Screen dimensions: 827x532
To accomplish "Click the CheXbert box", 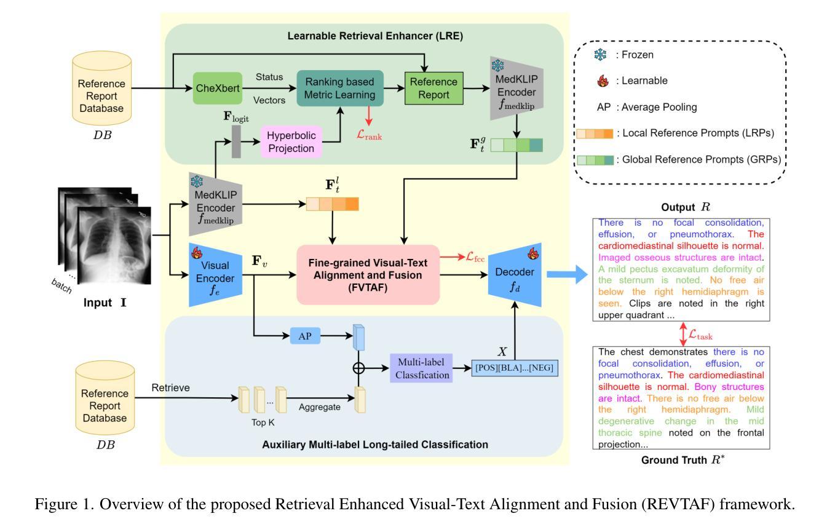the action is tap(218, 88).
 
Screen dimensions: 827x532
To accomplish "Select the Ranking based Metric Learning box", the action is tap(340, 88).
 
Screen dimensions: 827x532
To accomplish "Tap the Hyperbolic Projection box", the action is tap(291, 142).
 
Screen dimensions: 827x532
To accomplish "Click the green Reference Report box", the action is tap(434, 88).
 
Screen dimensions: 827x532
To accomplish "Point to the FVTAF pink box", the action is tap(368, 275).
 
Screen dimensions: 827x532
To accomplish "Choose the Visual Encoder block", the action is tap(216, 275).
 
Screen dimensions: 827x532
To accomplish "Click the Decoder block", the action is tap(515, 275).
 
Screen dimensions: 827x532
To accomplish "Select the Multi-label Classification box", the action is tap(421, 368).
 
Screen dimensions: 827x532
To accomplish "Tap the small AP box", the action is tap(305, 336).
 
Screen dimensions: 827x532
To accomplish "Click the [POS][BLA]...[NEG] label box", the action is tap(515, 368).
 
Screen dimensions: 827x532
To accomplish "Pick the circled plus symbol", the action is tap(358, 368).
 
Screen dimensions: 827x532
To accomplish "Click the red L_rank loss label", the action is tap(369, 135).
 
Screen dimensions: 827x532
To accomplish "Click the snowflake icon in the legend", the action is tap(600, 55).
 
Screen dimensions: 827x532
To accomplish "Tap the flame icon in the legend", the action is tap(603, 81).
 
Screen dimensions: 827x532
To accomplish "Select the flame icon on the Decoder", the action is tap(532, 253).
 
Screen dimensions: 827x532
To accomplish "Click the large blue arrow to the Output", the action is tap(567, 275).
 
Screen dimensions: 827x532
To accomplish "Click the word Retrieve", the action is tap(170, 387).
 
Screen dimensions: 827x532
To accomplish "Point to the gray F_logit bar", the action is tap(236, 142).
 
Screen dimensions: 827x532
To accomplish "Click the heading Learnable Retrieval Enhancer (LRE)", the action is tap(375, 36).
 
